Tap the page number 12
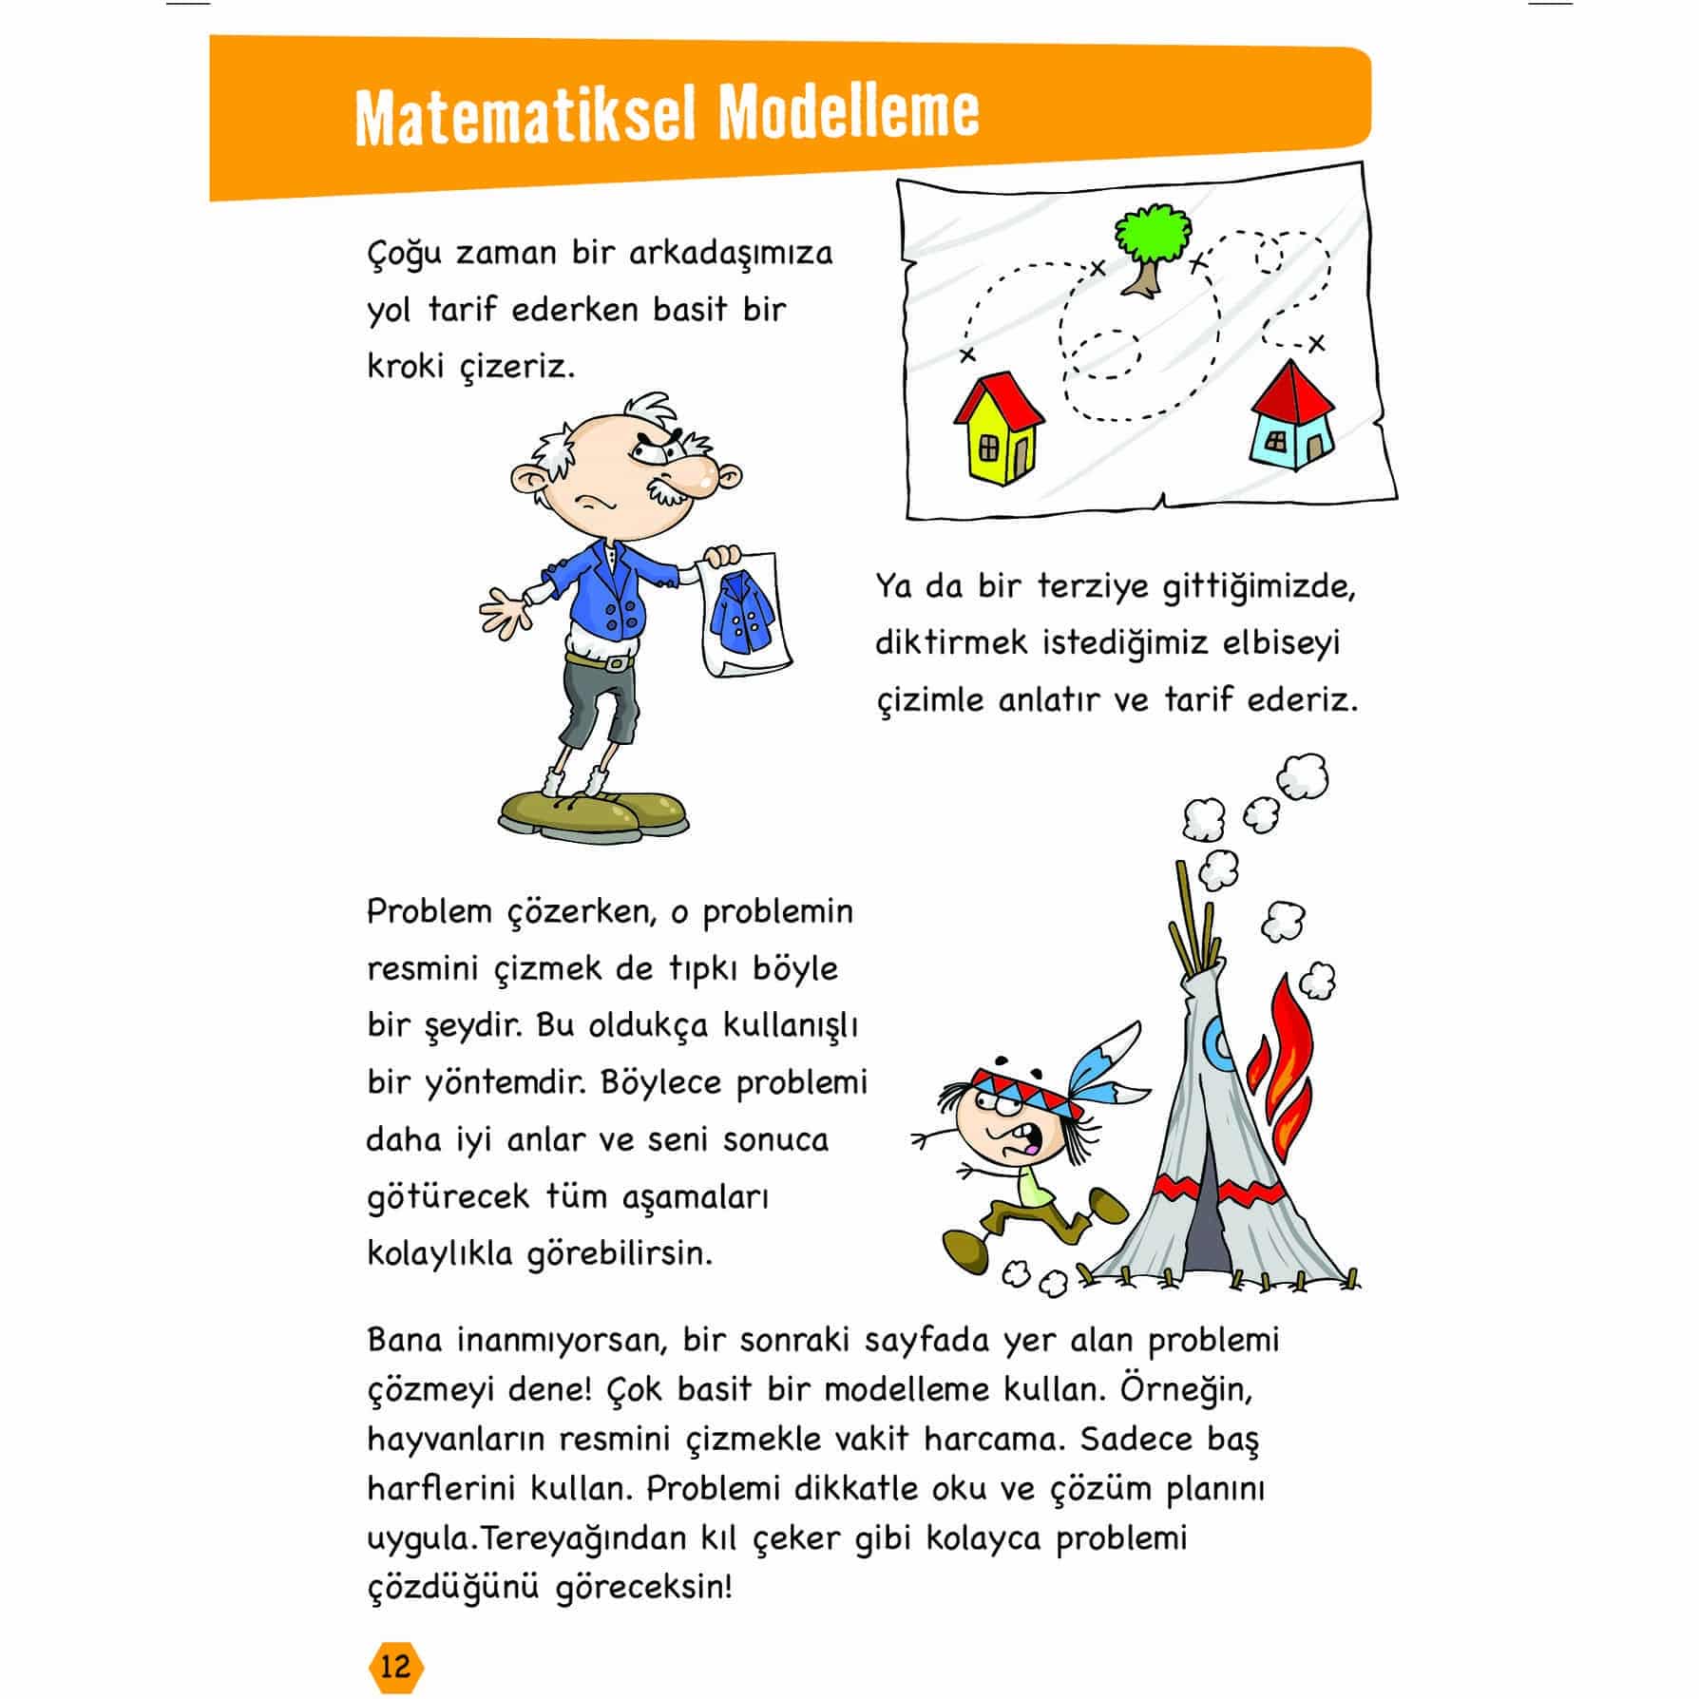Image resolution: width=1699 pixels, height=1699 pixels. coord(394,1666)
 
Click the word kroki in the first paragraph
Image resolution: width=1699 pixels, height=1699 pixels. coord(406,366)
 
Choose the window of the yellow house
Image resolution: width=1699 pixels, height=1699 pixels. coord(989,447)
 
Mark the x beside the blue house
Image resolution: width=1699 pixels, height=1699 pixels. coord(1316,343)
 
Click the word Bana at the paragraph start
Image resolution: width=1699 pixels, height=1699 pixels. coord(405,1341)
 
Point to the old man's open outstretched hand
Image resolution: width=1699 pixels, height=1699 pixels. coord(506,609)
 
